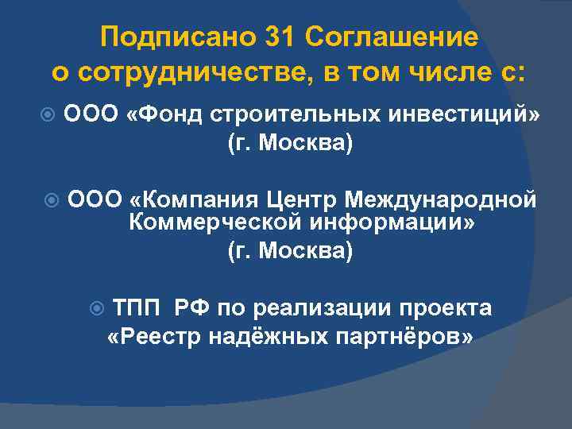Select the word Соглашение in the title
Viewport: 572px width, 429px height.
point(392,37)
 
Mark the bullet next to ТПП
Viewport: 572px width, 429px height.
point(97,307)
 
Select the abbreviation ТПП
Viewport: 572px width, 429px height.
point(139,307)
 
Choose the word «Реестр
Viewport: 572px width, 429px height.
point(154,336)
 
